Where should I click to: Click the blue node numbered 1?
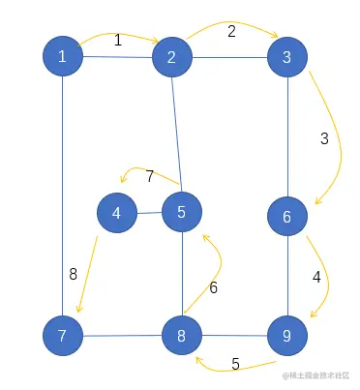point(62,57)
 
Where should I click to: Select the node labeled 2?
point(171,58)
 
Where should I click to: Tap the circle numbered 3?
point(286,57)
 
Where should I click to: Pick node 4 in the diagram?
point(116,213)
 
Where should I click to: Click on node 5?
point(181,212)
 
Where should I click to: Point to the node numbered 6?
point(286,217)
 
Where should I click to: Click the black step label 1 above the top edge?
point(118,41)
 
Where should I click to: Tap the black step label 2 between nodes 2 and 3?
point(231,31)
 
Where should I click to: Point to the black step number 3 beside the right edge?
point(324,138)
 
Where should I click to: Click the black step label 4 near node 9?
point(316,277)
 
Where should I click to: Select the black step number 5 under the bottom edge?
point(235,365)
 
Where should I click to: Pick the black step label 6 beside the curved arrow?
point(214,287)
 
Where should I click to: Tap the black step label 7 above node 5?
point(150,176)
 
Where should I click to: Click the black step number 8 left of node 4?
point(73,274)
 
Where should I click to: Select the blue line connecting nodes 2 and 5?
point(175,135)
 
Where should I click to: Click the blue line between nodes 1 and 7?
point(62,194)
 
